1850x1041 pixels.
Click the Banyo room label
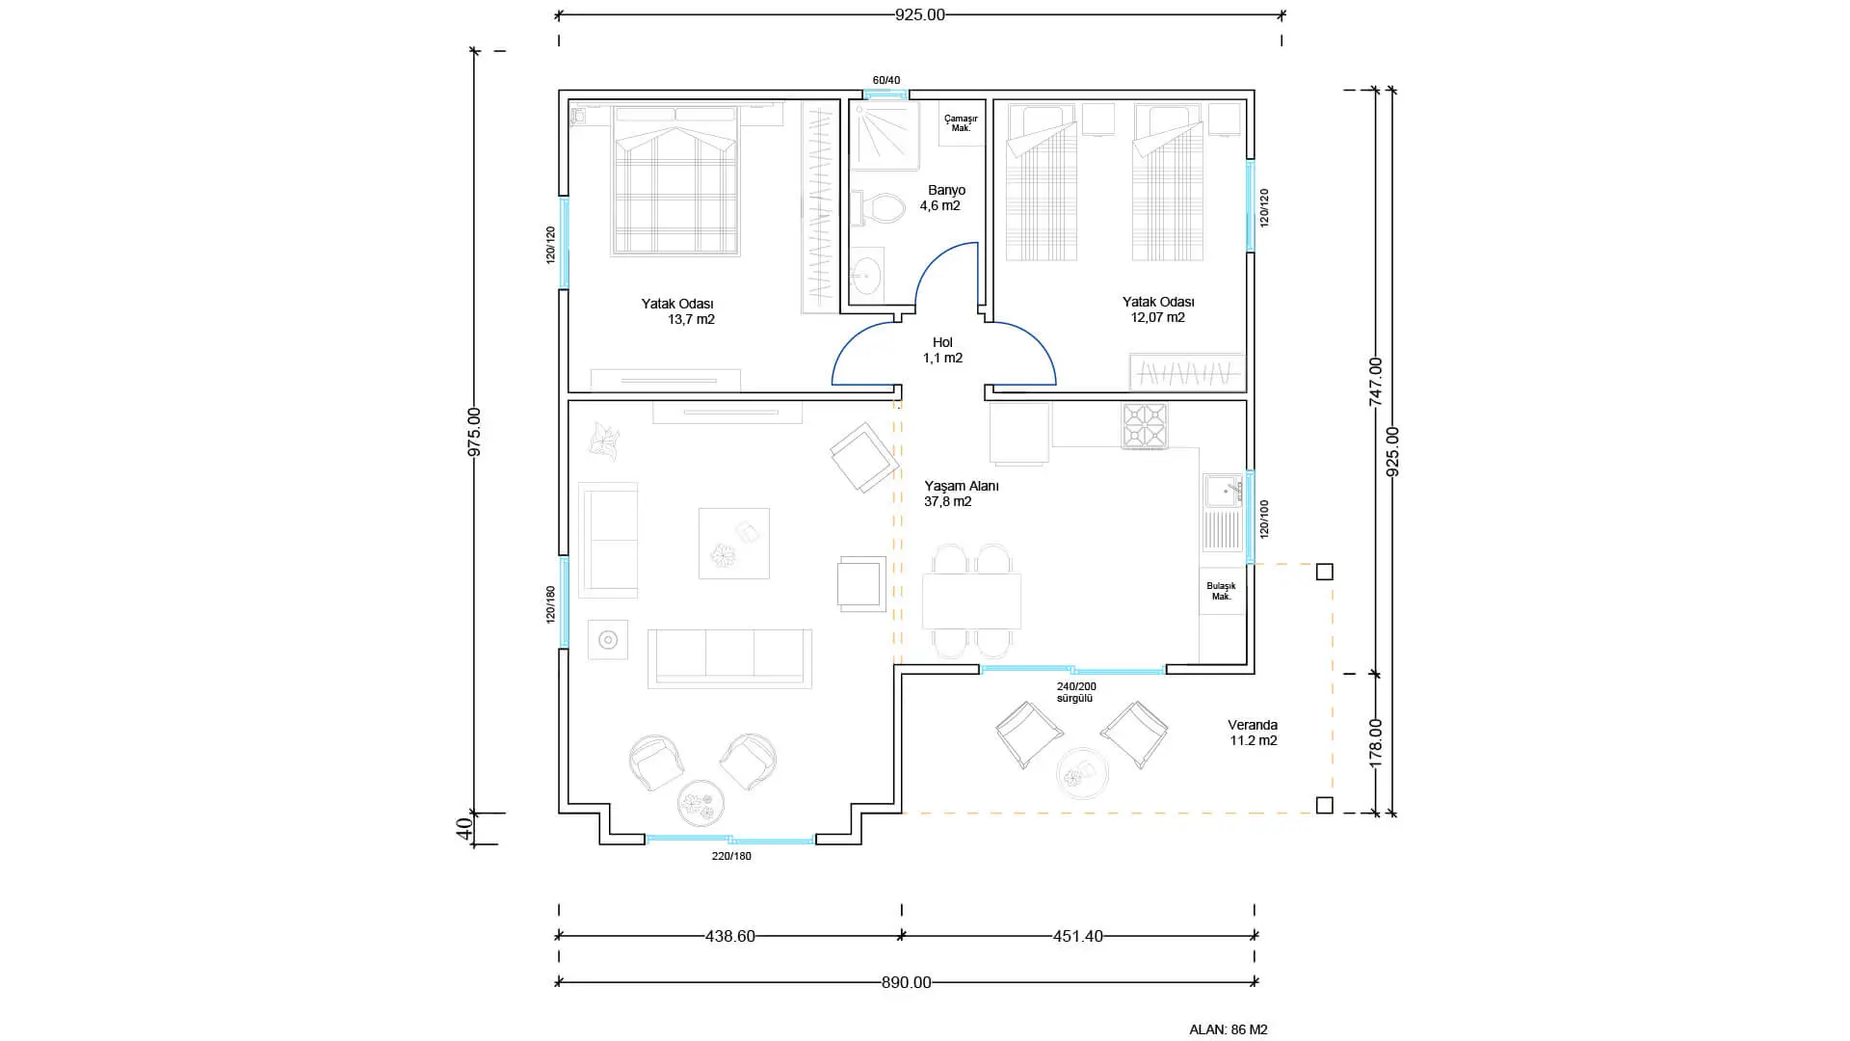946,190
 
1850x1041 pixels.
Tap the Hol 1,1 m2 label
942,350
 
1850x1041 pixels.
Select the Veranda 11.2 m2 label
1253,733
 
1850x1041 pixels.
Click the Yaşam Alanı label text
962,486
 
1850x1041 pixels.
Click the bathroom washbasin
866,275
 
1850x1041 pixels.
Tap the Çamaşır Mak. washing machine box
961,123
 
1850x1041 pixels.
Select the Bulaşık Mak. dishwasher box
1222,591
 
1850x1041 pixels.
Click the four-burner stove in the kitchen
1145,425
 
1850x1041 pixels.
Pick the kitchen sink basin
1222,492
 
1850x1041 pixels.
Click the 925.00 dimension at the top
920,14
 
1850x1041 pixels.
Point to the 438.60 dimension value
730,936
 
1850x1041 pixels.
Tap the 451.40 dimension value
1078,936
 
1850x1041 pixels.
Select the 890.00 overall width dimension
907,983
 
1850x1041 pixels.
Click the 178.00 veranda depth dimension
1376,742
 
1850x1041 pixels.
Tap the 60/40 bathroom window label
886,80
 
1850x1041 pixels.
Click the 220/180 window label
731,856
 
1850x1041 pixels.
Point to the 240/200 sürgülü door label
1076,692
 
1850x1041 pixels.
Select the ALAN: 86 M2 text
1229,1029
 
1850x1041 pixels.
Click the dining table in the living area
971,601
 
